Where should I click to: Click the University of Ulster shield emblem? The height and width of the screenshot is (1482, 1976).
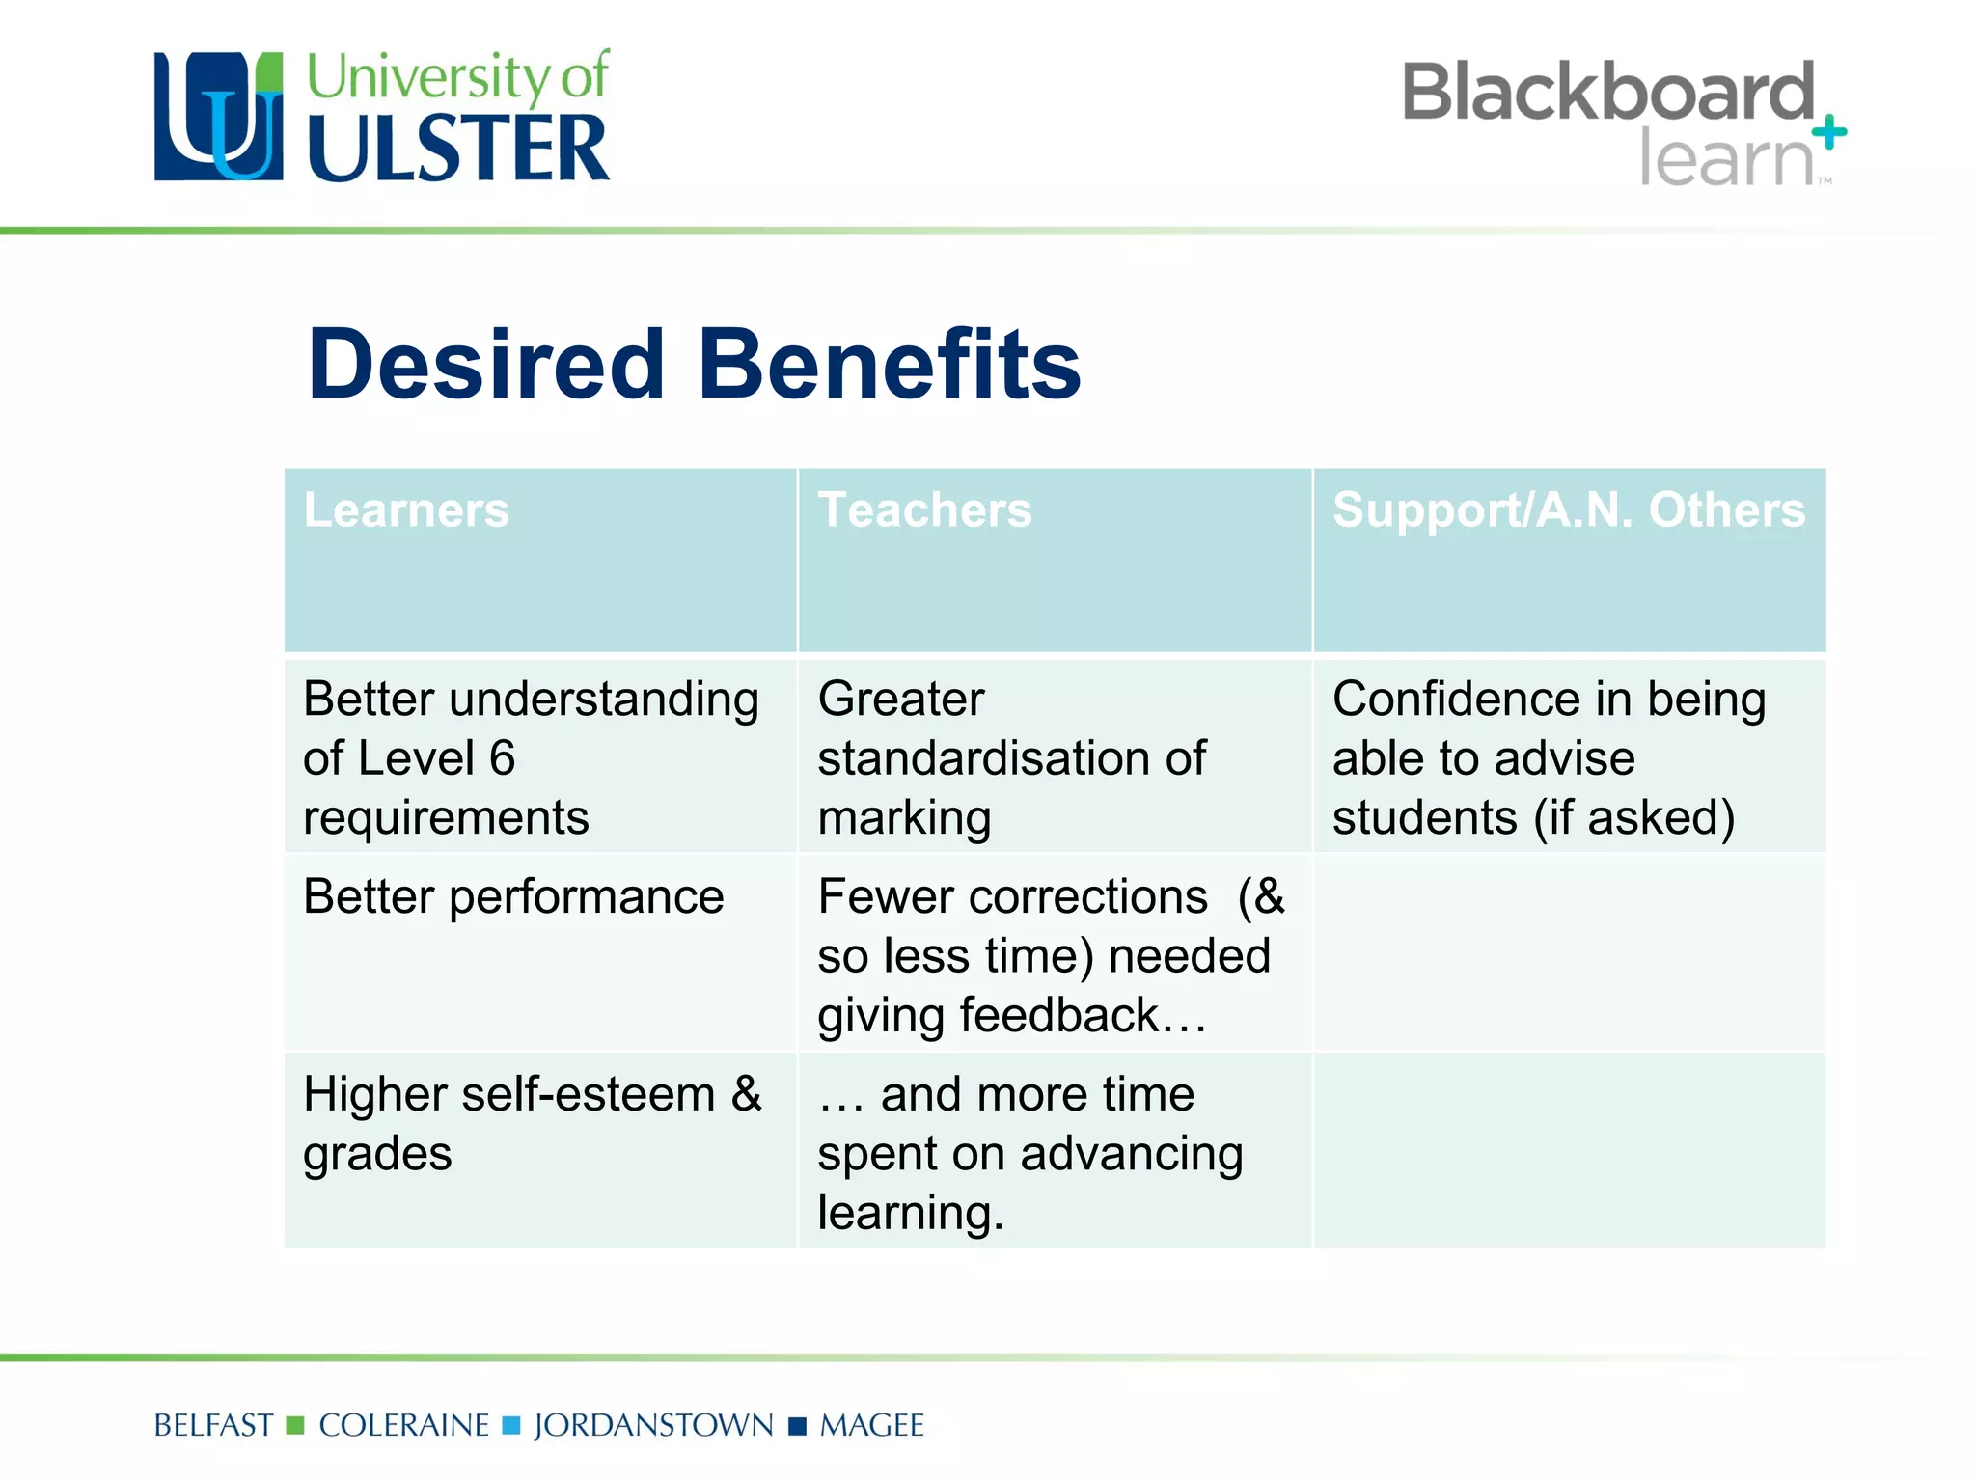click(219, 117)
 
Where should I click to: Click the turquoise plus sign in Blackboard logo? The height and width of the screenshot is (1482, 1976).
click(1828, 132)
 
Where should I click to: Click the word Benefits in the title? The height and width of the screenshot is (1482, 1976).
click(889, 364)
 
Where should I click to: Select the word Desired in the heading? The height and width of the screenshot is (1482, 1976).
click(486, 364)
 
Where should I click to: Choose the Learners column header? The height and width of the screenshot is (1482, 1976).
click(406, 509)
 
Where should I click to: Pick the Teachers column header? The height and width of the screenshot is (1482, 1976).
click(924, 509)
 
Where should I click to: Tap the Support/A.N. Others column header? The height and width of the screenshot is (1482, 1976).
click(1568, 509)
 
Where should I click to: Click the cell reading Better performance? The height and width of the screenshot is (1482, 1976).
click(513, 897)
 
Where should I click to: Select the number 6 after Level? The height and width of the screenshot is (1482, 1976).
click(502, 758)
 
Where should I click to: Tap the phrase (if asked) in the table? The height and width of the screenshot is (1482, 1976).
click(1633, 818)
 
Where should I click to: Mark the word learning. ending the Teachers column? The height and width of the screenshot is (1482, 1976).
click(911, 1214)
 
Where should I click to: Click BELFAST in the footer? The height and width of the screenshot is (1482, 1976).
click(213, 1426)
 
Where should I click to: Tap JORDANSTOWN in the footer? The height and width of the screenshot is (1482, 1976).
click(653, 1426)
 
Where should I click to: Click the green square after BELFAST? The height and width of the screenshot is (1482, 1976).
click(296, 1426)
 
